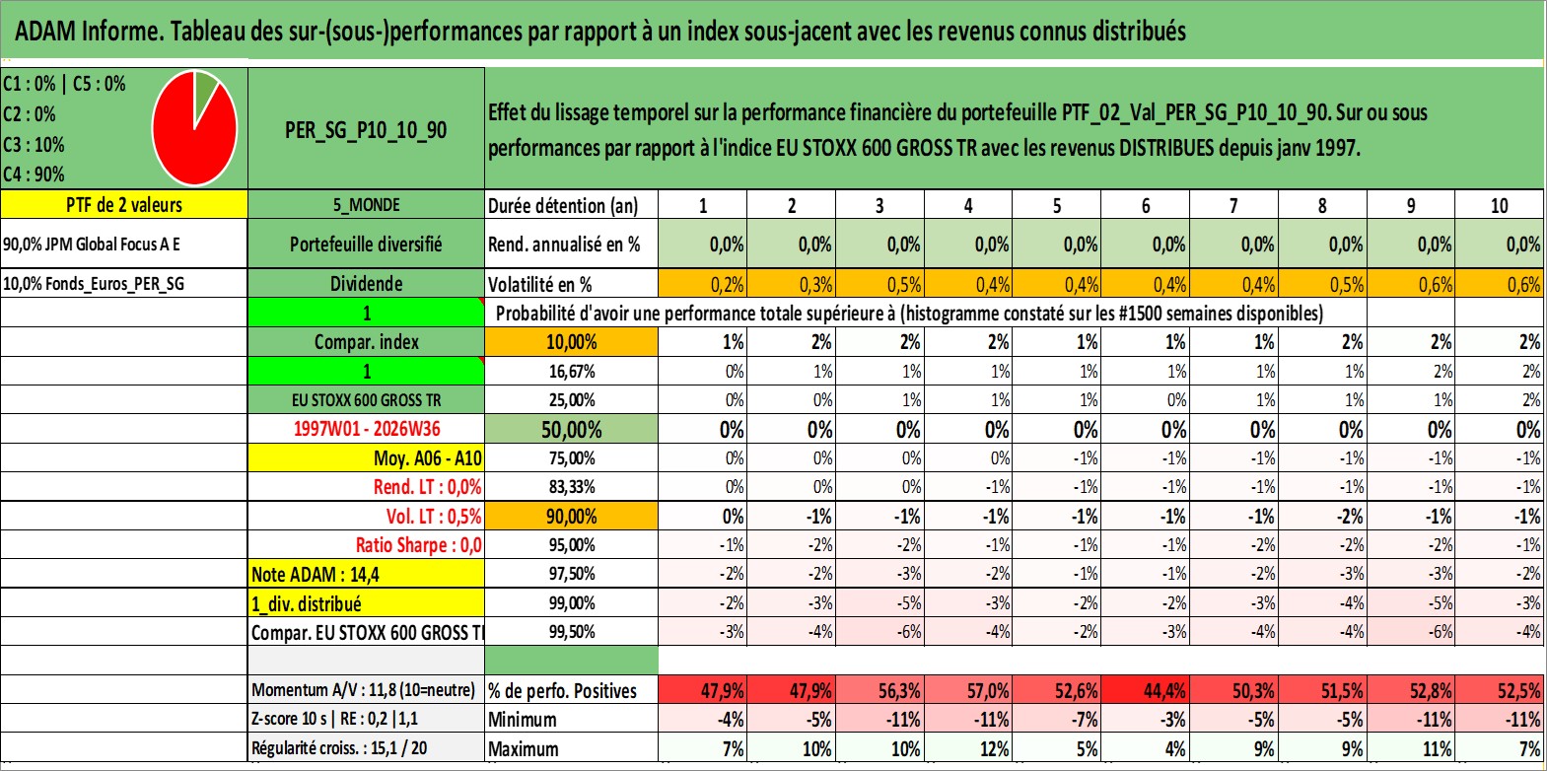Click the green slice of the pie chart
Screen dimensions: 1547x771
(205, 94)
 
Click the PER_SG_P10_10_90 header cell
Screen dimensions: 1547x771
(366, 129)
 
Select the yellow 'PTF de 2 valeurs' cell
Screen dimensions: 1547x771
(124, 204)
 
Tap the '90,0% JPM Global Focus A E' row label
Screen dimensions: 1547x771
(91, 244)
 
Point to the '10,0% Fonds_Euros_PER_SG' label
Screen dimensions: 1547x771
(94, 284)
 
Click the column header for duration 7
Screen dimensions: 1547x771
(1233, 205)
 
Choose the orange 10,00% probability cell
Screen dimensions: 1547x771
(571, 342)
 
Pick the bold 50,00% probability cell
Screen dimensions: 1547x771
(571, 429)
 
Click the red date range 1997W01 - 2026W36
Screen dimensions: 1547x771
(367, 429)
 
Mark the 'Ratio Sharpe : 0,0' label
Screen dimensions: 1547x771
(418, 545)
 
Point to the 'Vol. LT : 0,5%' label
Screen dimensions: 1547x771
(434, 516)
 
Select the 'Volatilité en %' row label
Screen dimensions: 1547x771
(540, 285)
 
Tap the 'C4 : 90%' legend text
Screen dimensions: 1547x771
(34, 175)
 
